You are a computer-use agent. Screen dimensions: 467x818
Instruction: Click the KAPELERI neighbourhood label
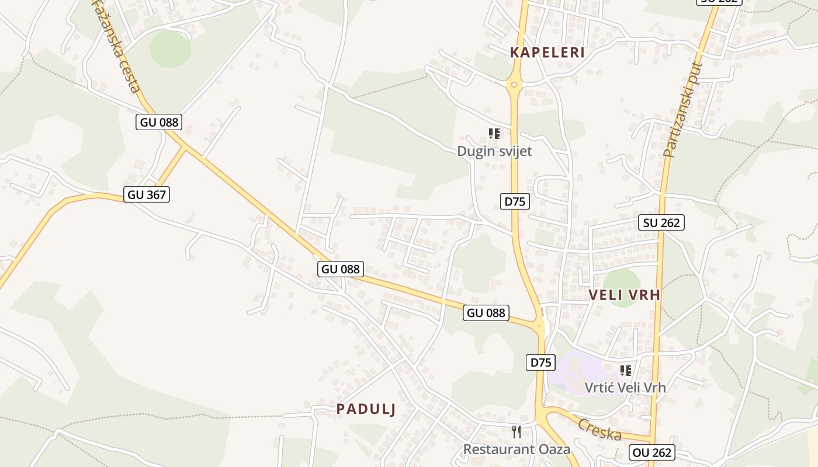[547, 53]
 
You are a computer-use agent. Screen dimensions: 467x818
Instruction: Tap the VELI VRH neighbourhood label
[625, 295]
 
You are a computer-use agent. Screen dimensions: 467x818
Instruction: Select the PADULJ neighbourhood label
[366, 409]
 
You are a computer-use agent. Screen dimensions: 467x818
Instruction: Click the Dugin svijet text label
[494, 151]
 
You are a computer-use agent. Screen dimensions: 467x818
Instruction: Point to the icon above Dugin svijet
[494, 134]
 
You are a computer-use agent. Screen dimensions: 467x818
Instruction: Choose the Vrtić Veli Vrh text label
[625, 387]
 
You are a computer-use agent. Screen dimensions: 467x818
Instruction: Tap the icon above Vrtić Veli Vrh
[626, 370]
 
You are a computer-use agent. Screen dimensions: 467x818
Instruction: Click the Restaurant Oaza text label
[517, 449]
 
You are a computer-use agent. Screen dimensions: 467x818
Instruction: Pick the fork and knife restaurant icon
[517, 432]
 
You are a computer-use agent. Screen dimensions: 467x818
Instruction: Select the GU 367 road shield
[147, 194]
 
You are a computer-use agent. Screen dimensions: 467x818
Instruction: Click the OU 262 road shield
[651, 452]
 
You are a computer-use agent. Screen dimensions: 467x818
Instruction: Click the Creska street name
[599, 430]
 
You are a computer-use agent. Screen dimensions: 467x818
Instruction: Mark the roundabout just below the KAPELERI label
[514, 85]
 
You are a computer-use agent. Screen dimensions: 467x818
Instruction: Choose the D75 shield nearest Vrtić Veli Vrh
[540, 363]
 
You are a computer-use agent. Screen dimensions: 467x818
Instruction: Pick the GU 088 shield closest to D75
[486, 313]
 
